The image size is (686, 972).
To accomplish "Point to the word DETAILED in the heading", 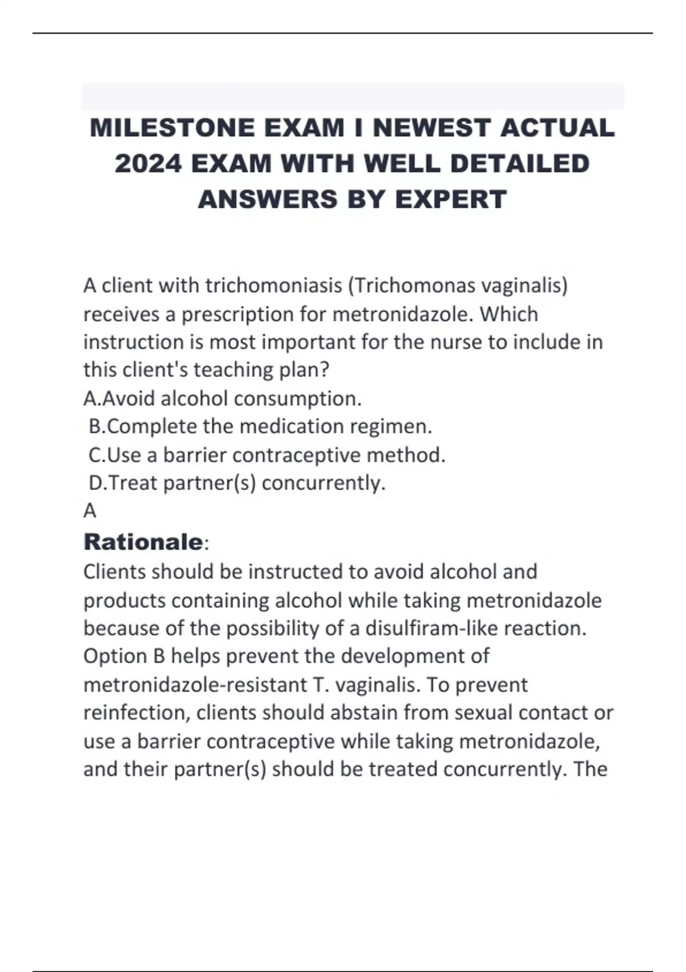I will pyautogui.click(x=520, y=164).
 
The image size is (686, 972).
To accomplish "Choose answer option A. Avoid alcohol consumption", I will pyautogui.click(x=222, y=399).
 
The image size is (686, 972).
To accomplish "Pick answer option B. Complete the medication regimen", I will pyautogui.click(x=261, y=427).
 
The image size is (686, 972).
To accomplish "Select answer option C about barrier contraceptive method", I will pyautogui.click(x=267, y=455).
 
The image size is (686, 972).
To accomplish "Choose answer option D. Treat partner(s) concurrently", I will pyautogui.click(x=237, y=483).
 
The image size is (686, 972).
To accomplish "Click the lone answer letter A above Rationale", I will pyautogui.click(x=90, y=511).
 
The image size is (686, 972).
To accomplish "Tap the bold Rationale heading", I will pyautogui.click(x=143, y=542).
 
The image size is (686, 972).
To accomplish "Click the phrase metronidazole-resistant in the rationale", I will pyautogui.click(x=195, y=684).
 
